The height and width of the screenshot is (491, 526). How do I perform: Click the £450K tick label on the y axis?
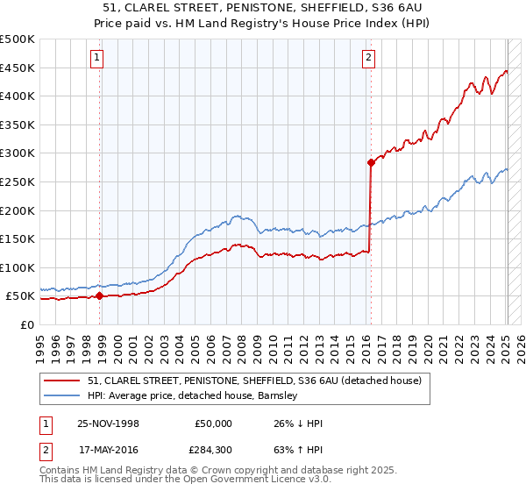[18, 68]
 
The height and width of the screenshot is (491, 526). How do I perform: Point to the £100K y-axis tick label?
[18, 267]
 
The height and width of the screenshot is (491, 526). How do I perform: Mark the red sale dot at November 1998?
[99, 296]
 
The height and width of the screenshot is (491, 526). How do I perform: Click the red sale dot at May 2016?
[371, 162]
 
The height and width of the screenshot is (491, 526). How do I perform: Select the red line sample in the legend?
[62, 381]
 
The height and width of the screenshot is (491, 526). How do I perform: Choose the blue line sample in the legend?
[62, 395]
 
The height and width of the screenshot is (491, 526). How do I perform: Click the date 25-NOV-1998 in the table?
[110, 423]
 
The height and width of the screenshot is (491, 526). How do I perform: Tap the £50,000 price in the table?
[213, 423]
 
